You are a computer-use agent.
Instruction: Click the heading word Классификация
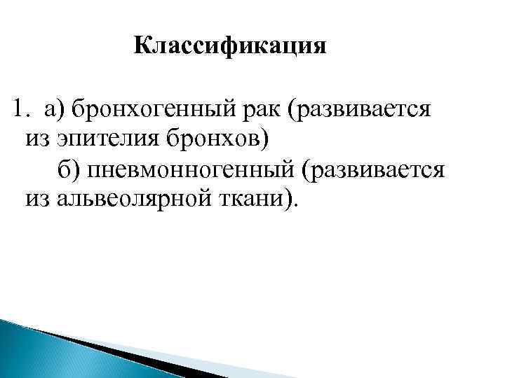(x=230, y=47)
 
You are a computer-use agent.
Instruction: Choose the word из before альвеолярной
(x=39, y=199)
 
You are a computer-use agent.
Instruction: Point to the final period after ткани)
(x=295, y=204)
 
